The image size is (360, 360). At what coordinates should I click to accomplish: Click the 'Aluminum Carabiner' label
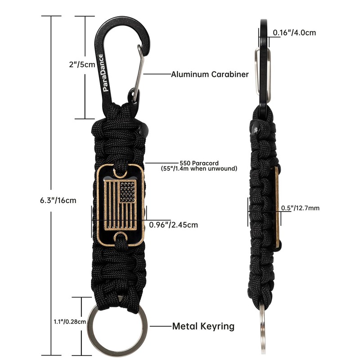pos(209,74)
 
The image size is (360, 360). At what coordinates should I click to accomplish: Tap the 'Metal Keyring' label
pos(203,326)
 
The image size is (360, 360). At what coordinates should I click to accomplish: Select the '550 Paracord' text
pos(199,163)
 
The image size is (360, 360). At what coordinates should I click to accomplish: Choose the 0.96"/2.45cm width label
pos(173,224)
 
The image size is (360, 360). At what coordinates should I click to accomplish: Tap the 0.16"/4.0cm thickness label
pos(295,32)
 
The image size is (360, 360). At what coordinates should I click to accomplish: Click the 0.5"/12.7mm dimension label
pos(300,208)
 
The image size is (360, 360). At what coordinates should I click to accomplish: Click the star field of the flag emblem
pos(127,193)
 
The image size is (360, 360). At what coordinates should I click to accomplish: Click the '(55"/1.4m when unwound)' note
pos(199,169)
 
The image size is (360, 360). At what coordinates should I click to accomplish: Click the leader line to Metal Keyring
pos(160,326)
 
